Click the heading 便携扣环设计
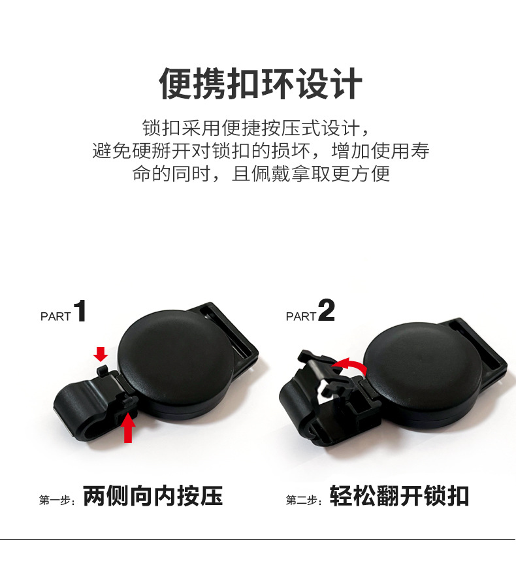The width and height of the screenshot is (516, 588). (261, 84)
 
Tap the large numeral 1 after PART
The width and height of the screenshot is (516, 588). (80, 310)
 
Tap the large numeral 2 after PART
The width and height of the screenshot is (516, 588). (326, 310)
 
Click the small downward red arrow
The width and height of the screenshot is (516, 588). (101, 354)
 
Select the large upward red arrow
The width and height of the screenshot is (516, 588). (128, 427)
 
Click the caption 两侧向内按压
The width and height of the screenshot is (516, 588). (153, 496)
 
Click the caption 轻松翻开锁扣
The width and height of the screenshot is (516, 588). (399, 496)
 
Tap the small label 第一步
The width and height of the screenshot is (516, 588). (57, 500)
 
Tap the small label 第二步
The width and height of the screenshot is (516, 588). (303, 500)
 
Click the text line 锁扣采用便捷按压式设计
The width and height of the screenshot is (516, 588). (256, 128)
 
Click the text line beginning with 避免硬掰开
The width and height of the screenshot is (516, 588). (261, 151)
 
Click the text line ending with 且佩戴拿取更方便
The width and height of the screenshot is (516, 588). (261, 174)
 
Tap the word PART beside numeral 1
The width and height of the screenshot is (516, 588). (56, 316)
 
